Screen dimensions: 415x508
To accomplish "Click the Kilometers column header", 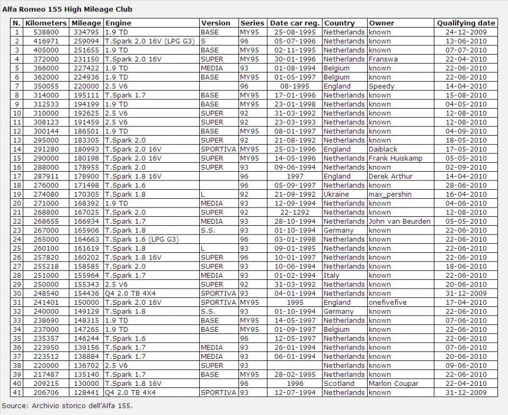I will coord(46,23).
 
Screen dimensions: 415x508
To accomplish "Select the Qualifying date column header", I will coord(466,23).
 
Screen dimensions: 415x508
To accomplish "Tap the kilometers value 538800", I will coord(46,32).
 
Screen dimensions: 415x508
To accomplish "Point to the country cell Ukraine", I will coord(337,194).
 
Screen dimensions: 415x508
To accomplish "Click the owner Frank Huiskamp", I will coord(396,158).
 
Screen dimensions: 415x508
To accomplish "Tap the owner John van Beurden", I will coord(399,221).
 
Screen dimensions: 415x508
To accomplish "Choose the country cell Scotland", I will coord(339,383).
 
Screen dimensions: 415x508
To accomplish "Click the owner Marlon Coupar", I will coord(394,383).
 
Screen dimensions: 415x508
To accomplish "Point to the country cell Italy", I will coord(331,275).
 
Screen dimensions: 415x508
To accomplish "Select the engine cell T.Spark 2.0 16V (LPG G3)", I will coord(151,41).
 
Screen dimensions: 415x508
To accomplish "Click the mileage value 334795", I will coord(86,32).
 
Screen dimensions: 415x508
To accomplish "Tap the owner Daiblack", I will coord(383,149).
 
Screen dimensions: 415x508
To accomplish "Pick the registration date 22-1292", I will coord(295,212).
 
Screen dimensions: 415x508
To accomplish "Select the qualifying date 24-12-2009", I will coord(466,32).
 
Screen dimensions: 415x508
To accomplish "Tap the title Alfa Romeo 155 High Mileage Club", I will coord(67,9).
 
